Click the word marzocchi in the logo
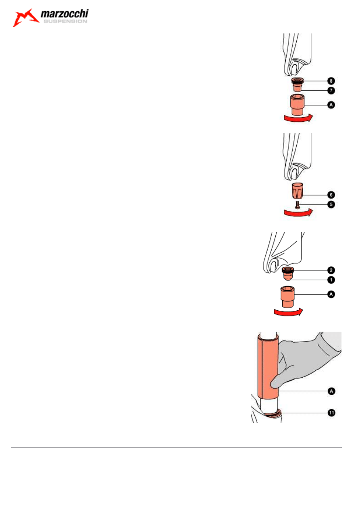click(65, 15)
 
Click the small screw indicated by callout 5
click(298, 204)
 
